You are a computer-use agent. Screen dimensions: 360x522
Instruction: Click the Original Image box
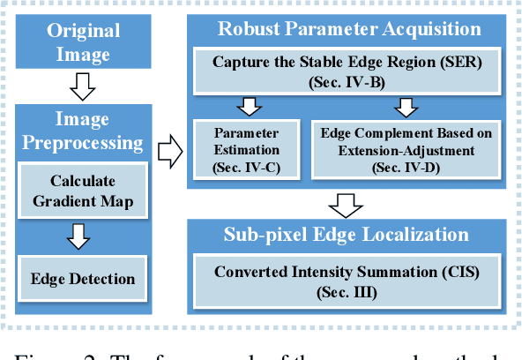tap(84, 41)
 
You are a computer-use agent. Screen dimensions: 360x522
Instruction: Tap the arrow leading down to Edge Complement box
tap(405, 107)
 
